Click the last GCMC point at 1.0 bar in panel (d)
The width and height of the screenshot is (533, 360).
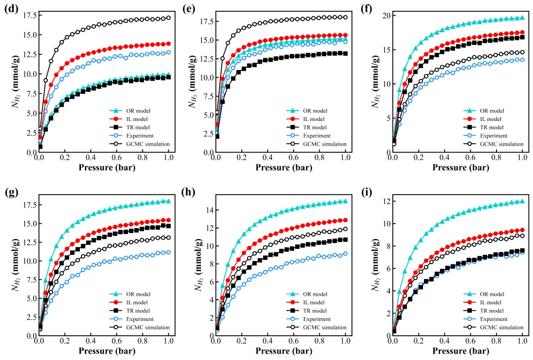click(x=168, y=18)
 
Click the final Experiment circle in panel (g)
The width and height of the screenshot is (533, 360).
click(x=168, y=252)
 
